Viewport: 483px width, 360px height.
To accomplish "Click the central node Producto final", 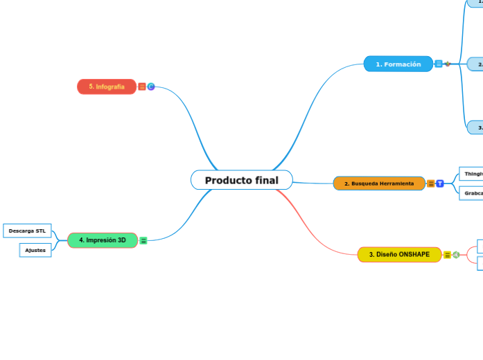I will click(241, 180).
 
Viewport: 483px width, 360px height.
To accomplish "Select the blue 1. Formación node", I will click(398, 64).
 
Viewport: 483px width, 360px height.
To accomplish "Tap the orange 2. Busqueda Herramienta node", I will click(379, 183).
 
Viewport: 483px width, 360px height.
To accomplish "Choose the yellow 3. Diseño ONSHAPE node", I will click(398, 254).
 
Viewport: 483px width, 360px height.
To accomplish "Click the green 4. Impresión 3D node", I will click(102, 240).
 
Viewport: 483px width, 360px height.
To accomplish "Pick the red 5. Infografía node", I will click(106, 87).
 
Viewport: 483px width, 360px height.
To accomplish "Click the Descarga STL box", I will click(27, 230).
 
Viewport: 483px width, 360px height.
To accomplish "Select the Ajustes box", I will click(35, 250).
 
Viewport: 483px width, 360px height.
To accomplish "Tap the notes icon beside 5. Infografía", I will click(142, 87).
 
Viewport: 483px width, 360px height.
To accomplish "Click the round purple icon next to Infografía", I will click(151, 87).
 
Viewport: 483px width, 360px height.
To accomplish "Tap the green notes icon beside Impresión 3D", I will click(143, 240).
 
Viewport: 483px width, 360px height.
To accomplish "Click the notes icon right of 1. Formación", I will click(439, 64).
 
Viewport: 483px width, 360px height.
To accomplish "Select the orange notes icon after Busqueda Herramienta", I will click(431, 183).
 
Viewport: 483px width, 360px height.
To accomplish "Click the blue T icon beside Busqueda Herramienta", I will click(440, 183).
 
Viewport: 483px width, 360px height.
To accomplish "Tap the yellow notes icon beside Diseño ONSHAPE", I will click(447, 255).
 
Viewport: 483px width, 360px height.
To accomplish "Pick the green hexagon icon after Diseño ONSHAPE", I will click(456, 255).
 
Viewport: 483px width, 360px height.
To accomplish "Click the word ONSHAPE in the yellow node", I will click(414, 254).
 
